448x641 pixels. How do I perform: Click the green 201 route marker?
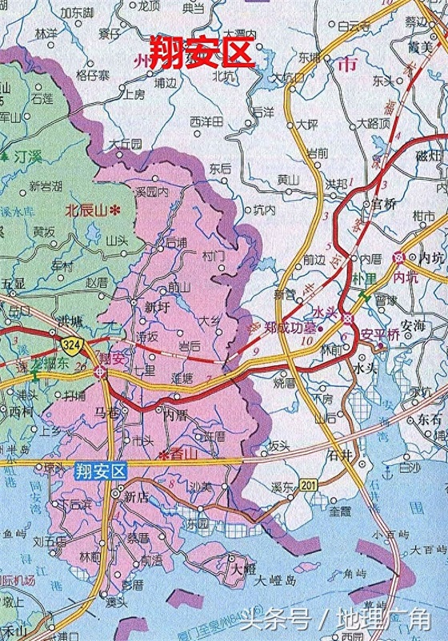point(307,486)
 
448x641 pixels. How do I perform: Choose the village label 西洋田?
point(206,121)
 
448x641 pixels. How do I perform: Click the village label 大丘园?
point(126,144)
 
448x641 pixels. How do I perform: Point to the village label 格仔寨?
point(92,75)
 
